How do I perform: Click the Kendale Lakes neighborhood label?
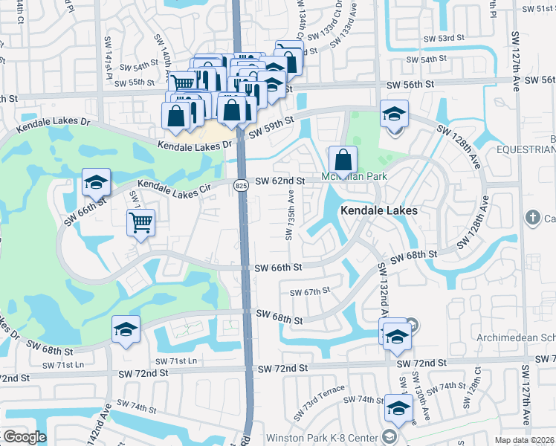(x=379, y=211)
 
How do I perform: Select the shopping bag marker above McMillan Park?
(x=343, y=160)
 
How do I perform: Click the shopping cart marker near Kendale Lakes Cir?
(x=140, y=222)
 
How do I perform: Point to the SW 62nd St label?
(x=280, y=181)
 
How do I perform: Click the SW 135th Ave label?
(x=289, y=215)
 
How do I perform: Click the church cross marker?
(x=532, y=218)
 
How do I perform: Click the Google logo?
(x=25, y=437)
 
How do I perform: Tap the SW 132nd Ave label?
(x=382, y=290)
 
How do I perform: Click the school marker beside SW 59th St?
(x=394, y=114)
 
